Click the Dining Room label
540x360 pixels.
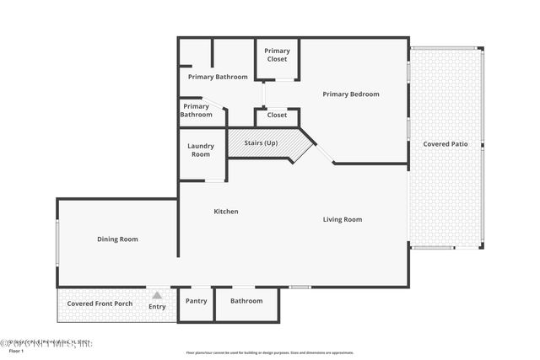(117, 239)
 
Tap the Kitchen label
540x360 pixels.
(225, 211)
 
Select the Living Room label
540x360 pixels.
(343, 219)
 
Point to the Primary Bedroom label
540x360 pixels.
(351, 94)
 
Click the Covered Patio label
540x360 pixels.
(445, 143)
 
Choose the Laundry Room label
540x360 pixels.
(201, 149)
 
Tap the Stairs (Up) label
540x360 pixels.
(261, 142)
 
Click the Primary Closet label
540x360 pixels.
(277, 54)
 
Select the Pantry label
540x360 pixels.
(196, 300)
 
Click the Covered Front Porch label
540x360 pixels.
(100, 303)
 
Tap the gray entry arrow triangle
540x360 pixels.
(157, 295)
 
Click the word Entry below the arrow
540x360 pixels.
(157, 306)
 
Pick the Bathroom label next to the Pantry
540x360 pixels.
(246, 300)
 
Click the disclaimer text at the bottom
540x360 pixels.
(269, 352)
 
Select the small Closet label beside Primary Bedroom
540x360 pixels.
(277, 115)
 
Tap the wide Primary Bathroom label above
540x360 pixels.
(218, 77)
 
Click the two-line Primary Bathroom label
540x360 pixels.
(196, 110)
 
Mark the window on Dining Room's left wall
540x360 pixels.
(57, 244)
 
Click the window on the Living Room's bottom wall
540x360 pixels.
(300, 287)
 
